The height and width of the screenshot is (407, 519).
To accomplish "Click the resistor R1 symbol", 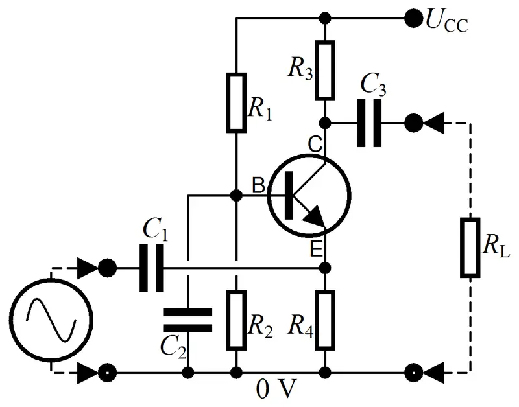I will [236, 102].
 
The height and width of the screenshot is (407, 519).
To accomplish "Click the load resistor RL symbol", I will [469, 248].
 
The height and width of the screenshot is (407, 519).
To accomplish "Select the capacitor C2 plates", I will [187, 320].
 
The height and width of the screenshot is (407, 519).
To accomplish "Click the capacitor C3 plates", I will [368, 122].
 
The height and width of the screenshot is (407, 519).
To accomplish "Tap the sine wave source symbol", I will [51, 321].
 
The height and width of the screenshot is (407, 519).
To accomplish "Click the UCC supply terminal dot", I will [412, 17].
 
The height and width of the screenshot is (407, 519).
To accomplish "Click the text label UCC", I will [446, 21].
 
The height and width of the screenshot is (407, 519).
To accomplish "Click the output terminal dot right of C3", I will [412, 122].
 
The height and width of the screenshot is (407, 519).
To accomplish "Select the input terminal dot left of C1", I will [108, 268].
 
